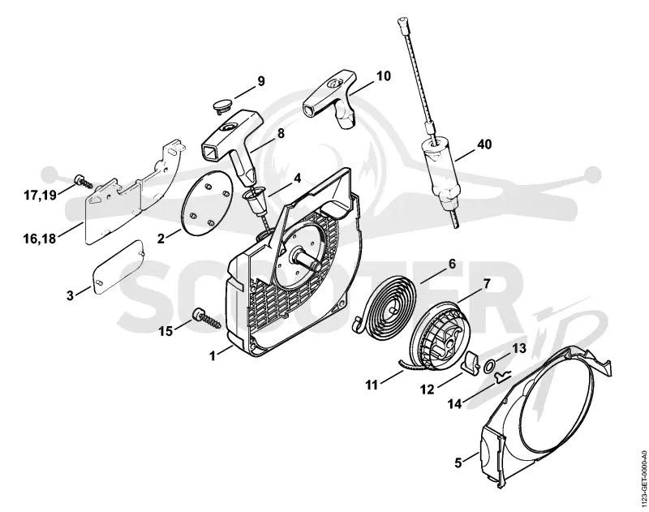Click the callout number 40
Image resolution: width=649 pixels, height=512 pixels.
coord(484,144)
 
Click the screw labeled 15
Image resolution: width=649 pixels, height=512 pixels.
coord(205,321)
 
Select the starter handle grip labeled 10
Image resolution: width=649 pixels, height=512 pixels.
coord(331,98)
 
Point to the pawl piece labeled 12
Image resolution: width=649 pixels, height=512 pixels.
coord(471,362)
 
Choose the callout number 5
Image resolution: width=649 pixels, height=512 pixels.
coord(458,463)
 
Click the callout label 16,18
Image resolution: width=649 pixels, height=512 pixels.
coord(40,239)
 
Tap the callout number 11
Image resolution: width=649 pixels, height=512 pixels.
coord(372,385)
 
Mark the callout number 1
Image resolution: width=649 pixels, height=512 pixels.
coord(213,356)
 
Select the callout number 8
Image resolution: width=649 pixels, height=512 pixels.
coord(281,133)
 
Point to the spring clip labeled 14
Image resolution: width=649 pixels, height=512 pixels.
coord(501,376)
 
